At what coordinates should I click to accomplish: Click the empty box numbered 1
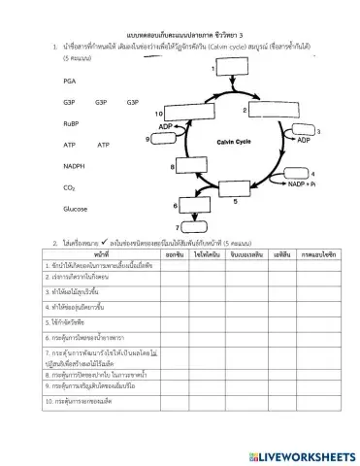[x=232, y=77]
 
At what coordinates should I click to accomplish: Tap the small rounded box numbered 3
[x=302, y=131]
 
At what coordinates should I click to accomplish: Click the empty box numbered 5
[x=236, y=189]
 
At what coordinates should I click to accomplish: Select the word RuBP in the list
[x=70, y=123]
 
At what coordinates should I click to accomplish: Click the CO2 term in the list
[x=68, y=187]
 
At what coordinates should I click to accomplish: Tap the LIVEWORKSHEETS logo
[x=300, y=455]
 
